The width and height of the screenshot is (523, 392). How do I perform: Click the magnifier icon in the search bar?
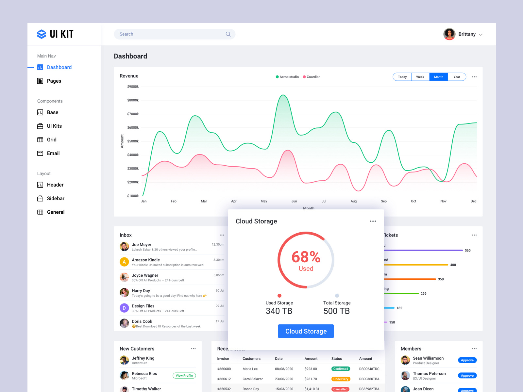point(228,34)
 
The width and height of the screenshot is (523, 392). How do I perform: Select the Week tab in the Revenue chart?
point(420,77)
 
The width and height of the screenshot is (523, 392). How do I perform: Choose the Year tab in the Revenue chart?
point(457,77)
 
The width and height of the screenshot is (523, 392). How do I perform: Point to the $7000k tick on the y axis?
point(133,114)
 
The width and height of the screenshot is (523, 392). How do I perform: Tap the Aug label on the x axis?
point(353,201)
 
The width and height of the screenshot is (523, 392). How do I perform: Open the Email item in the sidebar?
point(53,153)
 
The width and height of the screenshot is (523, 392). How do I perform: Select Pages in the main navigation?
point(54,81)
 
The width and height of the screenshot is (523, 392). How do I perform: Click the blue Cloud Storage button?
point(306,331)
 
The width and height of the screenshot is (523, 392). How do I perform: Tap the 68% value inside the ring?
point(306,257)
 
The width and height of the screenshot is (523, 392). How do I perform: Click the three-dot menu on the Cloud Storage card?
point(373,221)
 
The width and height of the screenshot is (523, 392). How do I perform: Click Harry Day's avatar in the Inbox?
point(124,293)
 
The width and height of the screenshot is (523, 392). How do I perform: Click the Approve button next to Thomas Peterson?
point(467,376)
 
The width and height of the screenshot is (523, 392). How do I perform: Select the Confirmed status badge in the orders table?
point(341,369)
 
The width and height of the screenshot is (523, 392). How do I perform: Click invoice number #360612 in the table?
point(224,379)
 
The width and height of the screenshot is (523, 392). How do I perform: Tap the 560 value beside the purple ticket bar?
point(467,251)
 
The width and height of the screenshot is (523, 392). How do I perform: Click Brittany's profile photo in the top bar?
point(449,34)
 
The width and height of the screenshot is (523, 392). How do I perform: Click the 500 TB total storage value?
point(336,311)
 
